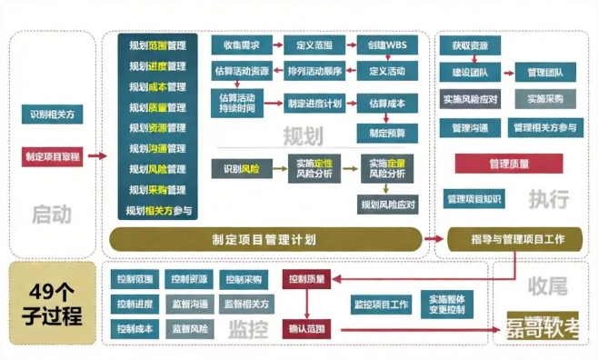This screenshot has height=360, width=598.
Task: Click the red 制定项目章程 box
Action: pyautogui.click(x=53, y=156)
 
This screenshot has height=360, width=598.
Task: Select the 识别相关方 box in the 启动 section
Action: pyautogui.click(x=53, y=115)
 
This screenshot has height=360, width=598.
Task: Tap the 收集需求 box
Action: pyautogui.click(x=240, y=45)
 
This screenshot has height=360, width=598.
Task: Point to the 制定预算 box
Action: pyautogui.click(x=386, y=133)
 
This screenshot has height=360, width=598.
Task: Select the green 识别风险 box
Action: pyautogui.click(x=240, y=169)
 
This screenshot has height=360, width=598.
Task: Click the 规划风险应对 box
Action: pyautogui.click(x=386, y=205)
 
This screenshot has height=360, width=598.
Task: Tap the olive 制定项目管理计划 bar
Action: pyautogui.click(x=264, y=239)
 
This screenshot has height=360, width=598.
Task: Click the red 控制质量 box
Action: pyautogui.click(x=305, y=279)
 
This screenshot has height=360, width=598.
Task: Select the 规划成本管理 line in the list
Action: pyautogui.click(x=157, y=87)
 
